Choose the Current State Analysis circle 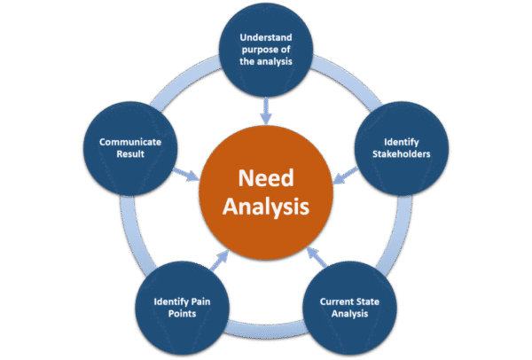pyautogui.click(x=350, y=307)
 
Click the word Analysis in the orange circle pyautogui.click(x=266, y=208)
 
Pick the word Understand pyautogui.click(x=266, y=39)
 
